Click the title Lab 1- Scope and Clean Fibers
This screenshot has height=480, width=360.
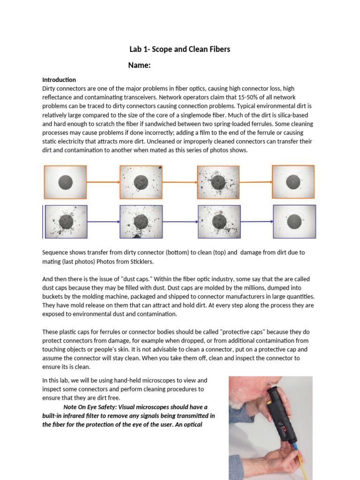(x=180, y=49)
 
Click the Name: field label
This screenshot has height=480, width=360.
(x=139, y=65)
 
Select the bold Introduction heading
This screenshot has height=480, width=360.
(x=59, y=80)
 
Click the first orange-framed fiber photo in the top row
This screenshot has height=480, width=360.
(x=65, y=182)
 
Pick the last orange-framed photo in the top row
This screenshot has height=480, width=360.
(x=293, y=181)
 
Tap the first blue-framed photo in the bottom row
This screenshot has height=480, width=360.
(x=66, y=222)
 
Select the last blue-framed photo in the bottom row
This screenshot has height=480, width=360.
(x=294, y=221)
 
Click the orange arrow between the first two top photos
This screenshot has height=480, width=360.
(x=103, y=182)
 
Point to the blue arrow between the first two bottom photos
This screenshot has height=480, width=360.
(x=103, y=222)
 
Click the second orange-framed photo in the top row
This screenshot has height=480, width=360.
(x=141, y=182)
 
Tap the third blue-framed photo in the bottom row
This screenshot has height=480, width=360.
(x=219, y=222)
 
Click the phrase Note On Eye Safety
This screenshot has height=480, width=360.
(x=93, y=407)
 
